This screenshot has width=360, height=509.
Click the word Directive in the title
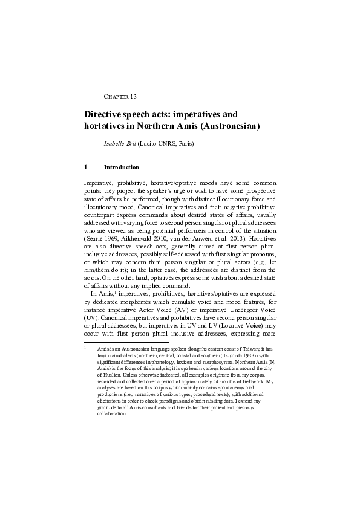pyautogui.click(x=103, y=114)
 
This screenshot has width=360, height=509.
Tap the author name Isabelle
pyautogui.click(x=116, y=144)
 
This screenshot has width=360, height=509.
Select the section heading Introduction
pyautogui.click(x=122, y=167)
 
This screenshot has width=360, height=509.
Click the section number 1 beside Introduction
pyautogui.click(x=86, y=167)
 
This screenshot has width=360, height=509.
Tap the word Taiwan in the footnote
pyautogui.click(x=255, y=349)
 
